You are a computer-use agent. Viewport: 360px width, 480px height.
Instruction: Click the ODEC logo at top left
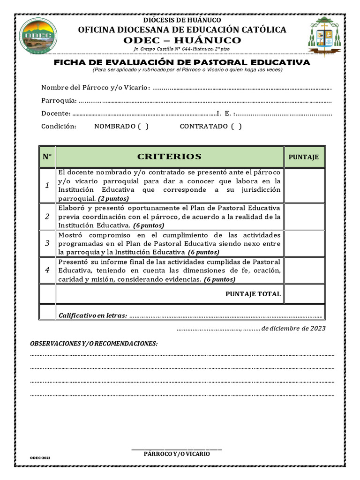[x=40, y=34]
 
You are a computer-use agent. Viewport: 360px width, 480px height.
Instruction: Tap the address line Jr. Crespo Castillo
[x=181, y=49]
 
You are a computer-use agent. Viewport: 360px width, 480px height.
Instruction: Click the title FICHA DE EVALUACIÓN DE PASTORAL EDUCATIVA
[x=182, y=62]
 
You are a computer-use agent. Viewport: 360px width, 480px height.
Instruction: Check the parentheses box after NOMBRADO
[x=143, y=126]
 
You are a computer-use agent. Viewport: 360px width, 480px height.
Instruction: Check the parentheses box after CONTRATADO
[x=237, y=126]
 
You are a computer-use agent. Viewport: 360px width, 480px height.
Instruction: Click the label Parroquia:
[x=59, y=100]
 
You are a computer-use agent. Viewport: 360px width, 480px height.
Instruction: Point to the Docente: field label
[x=56, y=113]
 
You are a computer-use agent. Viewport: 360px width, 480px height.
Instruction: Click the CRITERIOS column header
[x=169, y=157]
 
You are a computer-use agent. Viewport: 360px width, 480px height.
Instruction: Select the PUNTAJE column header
[x=303, y=157]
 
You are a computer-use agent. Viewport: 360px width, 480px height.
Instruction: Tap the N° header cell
[x=47, y=157]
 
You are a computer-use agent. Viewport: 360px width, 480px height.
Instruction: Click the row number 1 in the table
[x=47, y=186]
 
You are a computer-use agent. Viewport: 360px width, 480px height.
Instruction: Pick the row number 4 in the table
[x=47, y=270]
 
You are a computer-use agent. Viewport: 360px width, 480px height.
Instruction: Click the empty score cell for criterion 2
[x=304, y=217]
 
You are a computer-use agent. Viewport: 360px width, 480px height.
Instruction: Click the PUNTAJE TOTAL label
[x=253, y=294]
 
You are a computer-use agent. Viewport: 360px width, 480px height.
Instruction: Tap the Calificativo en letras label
[x=92, y=315]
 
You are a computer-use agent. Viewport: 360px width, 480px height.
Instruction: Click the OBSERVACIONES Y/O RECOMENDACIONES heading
[x=94, y=344]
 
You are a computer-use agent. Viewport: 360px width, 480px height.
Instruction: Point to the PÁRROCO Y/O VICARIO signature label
[x=177, y=454]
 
